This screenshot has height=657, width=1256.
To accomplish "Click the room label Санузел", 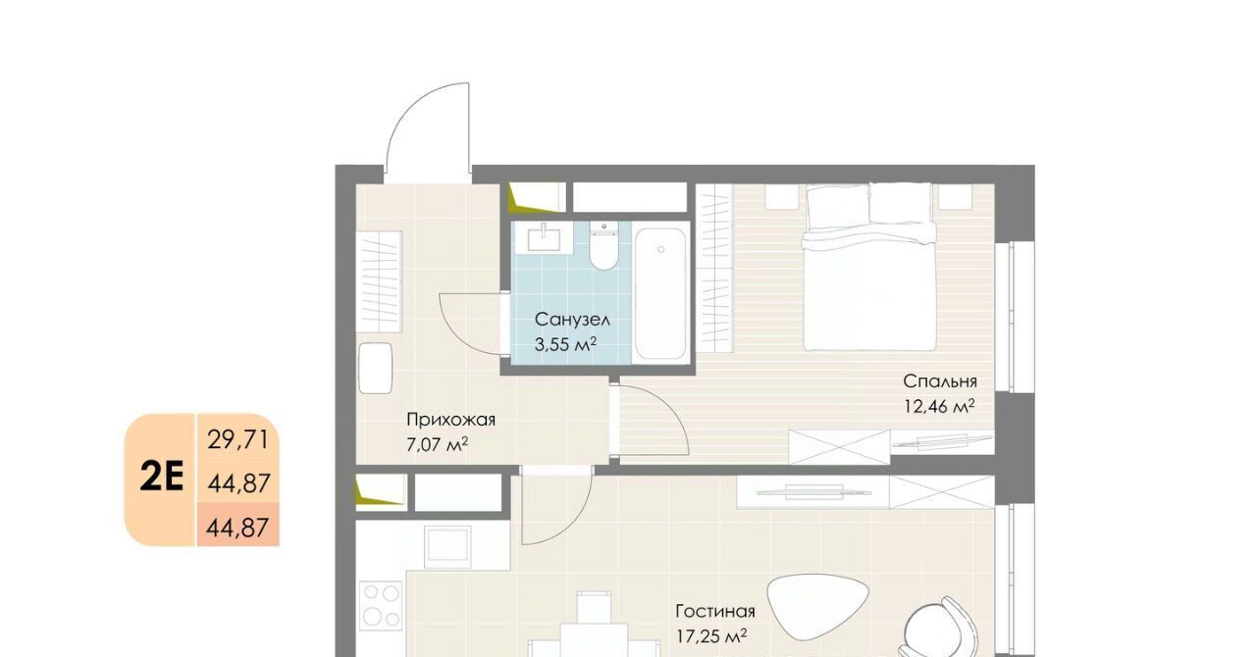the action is [572, 320].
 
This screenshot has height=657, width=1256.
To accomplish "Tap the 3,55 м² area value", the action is [564, 344].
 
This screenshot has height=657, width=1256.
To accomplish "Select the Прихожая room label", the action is [450, 420].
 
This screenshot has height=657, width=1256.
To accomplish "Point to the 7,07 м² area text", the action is [437, 445].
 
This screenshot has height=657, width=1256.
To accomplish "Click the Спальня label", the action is [940, 381].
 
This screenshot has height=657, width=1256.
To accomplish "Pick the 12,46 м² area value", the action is [939, 406].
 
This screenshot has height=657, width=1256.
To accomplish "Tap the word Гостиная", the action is [715, 611].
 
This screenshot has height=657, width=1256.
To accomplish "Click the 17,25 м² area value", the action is [711, 635].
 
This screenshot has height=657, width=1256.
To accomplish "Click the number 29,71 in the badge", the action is [238, 439].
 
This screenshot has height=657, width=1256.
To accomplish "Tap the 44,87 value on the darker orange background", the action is [237, 528].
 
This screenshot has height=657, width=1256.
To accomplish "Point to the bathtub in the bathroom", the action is [660, 293].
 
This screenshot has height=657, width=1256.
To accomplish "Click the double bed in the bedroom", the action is [869, 267].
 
